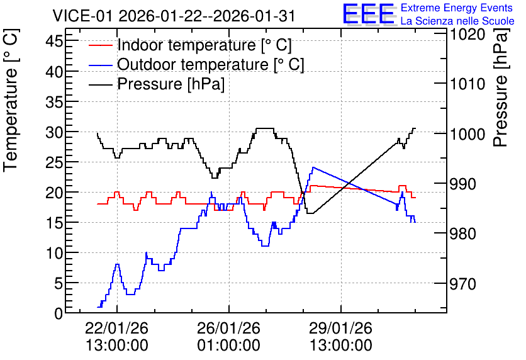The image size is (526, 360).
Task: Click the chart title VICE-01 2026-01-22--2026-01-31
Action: pyautogui.click(x=174, y=16)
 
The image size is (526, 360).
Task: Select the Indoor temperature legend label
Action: pyautogui.click(x=204, y=45)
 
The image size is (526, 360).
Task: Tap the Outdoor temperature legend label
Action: pyautogui.click(x=211, y=64)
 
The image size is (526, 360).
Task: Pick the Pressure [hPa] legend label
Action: pyautogui.click(x=171, y=84)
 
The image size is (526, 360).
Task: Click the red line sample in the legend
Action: pyautogui.click(x=100, y=45)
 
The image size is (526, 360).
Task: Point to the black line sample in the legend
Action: pyautogui.click(x=100, y=84)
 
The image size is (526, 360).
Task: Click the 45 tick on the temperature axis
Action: pyautogui.click(x=54, y=42)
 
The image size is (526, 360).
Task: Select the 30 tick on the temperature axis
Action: pyautogui.click(x=54, y=132)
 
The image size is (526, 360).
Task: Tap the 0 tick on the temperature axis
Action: pyautogui.click(x=59, y=313)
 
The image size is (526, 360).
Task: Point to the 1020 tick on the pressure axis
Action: pyautogui.click(x=467, y=35)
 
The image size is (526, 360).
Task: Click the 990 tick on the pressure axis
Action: pyautogui.click(x=462, y=184)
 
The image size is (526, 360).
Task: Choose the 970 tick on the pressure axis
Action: pyautogui.click(x=462, y=284)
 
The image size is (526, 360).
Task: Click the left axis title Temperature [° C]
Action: pyautogui.click(x=11, y=101)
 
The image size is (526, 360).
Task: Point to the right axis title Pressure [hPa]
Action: pyautogui.click(x=501, y=88)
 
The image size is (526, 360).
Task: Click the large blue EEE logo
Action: pyautogui.click(x=369, y=14)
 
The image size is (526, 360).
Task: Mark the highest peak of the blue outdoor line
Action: pyautogui.click(x=313, y=167)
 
